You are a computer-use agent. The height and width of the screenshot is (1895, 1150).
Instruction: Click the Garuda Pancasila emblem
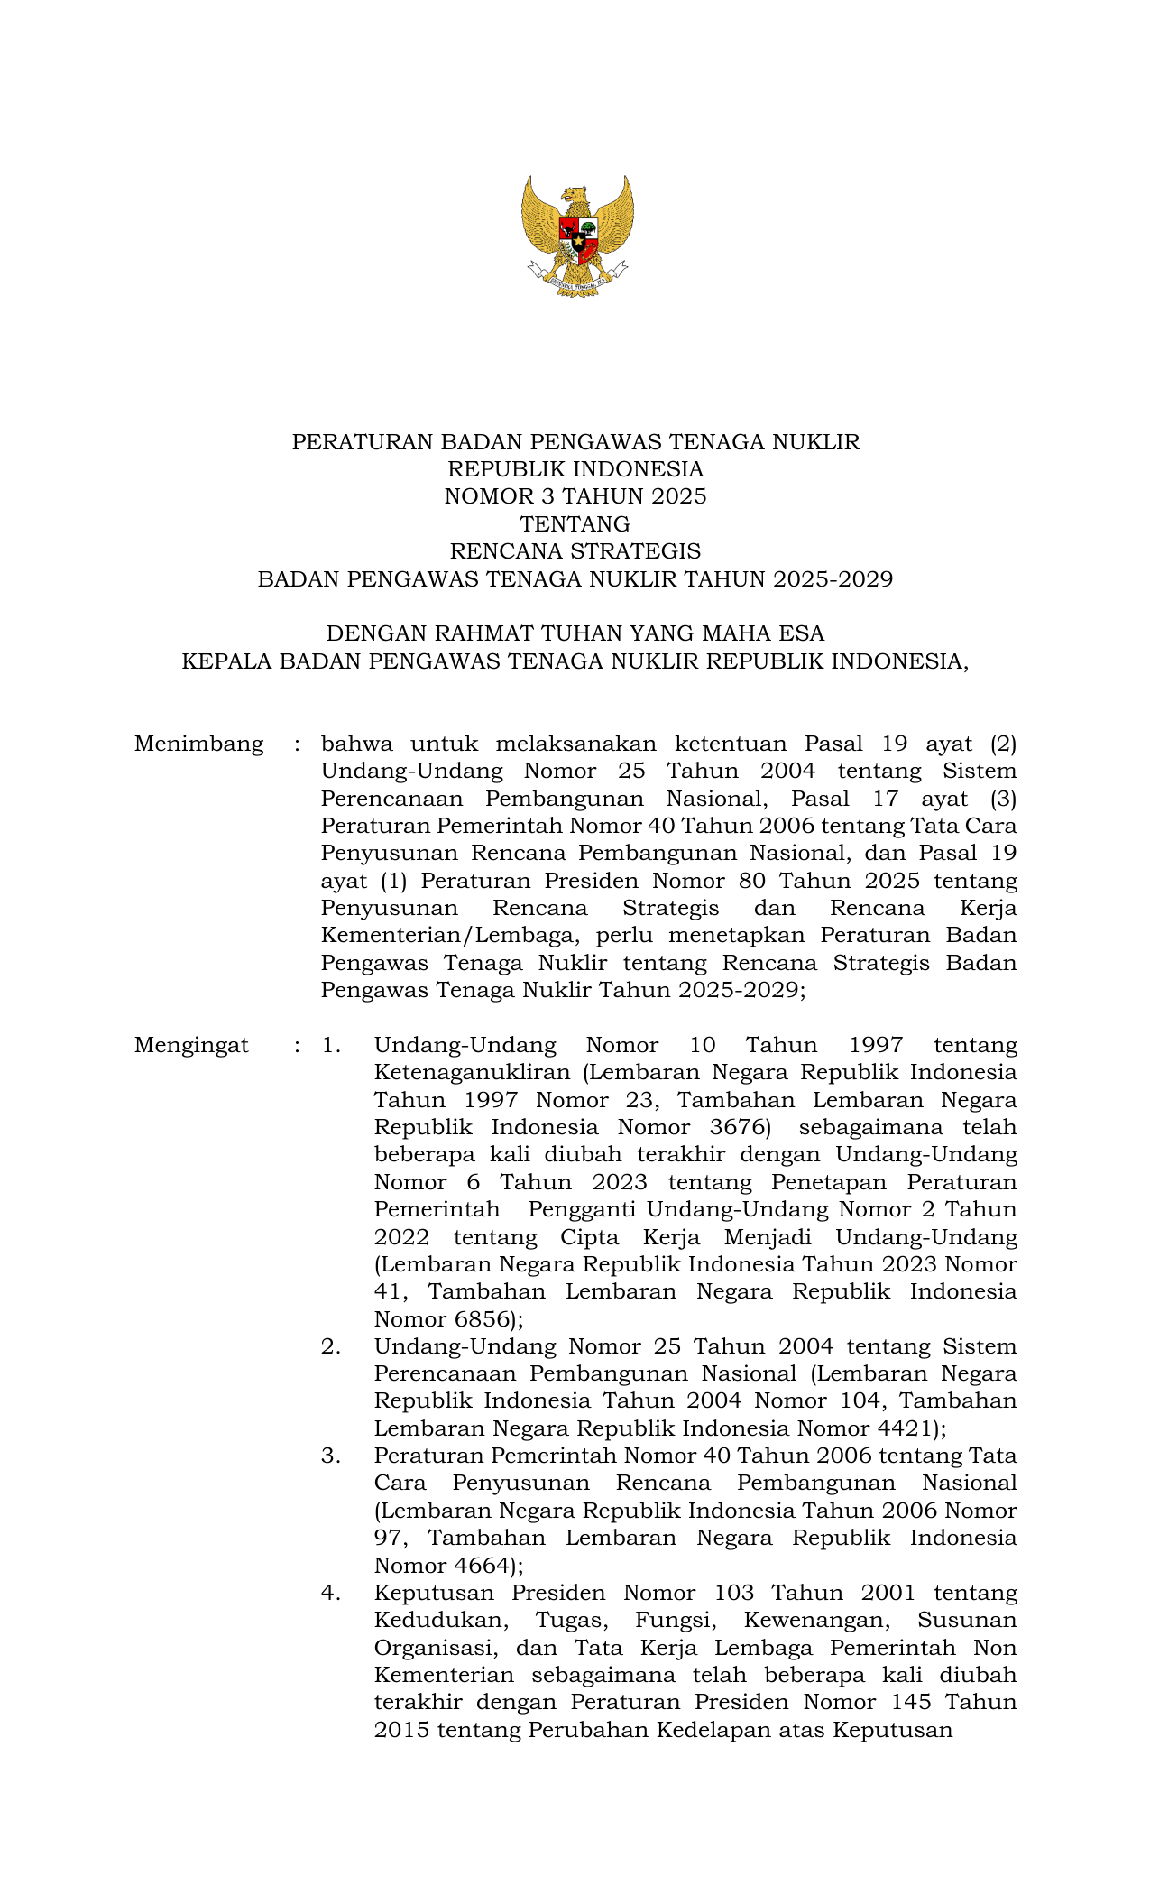(x=576, y=236)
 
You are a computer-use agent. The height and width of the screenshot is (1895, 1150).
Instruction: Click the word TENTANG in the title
(x=575, y=524)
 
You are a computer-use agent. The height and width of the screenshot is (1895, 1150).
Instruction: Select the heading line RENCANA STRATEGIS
(x=575, y=551)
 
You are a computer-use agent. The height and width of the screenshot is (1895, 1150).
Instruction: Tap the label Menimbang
(x=198, y=744)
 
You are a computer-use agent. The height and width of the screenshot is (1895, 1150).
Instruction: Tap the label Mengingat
(x=191, y=1046)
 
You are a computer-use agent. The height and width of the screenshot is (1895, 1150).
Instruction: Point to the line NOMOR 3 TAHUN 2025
(x=575, y=496)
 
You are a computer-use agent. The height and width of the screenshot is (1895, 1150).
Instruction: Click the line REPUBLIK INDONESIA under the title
(x=575, y=469)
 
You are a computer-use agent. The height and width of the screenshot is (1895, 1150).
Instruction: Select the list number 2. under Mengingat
(x=330, y=1347)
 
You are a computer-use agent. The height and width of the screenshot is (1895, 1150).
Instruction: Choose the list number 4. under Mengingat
(x=330, y=1594)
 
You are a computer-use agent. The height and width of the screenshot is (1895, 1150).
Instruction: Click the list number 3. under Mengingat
(x=330, y=1456)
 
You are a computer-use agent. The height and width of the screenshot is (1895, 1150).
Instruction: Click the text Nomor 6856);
(x=448, y=1320)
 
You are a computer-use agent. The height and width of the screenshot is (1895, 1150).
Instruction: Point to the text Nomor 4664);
(x=448, y=1566)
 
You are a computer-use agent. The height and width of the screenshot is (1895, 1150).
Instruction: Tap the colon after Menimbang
(x=296, y=745)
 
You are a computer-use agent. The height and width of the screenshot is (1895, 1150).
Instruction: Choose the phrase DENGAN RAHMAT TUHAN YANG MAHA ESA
(x=575, y=633)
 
